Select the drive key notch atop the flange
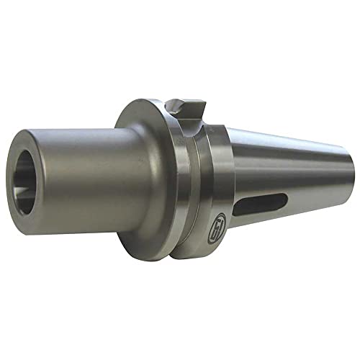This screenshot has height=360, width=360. (x=185, y=108)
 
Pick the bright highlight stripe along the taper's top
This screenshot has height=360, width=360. (x=288, y=148)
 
